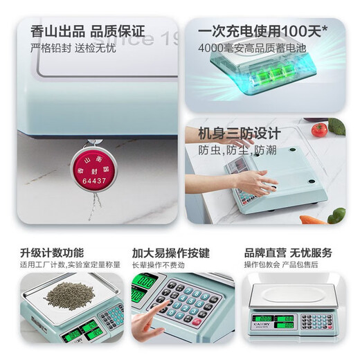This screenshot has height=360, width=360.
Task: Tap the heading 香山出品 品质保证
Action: [x=87, y=32]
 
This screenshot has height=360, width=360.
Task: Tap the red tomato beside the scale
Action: [x=318, y=129]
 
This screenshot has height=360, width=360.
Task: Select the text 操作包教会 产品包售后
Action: [x=280, y=264]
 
